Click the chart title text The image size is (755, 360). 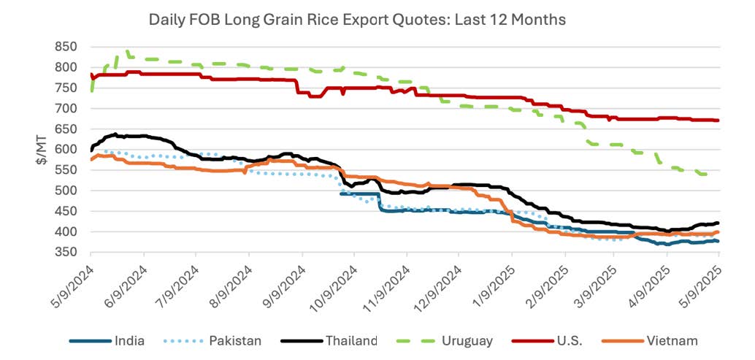coord(357,20)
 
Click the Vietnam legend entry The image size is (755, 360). coord(671,340)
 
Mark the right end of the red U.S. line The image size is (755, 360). coord(718,120)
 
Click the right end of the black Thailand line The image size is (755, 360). coord(718,223)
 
